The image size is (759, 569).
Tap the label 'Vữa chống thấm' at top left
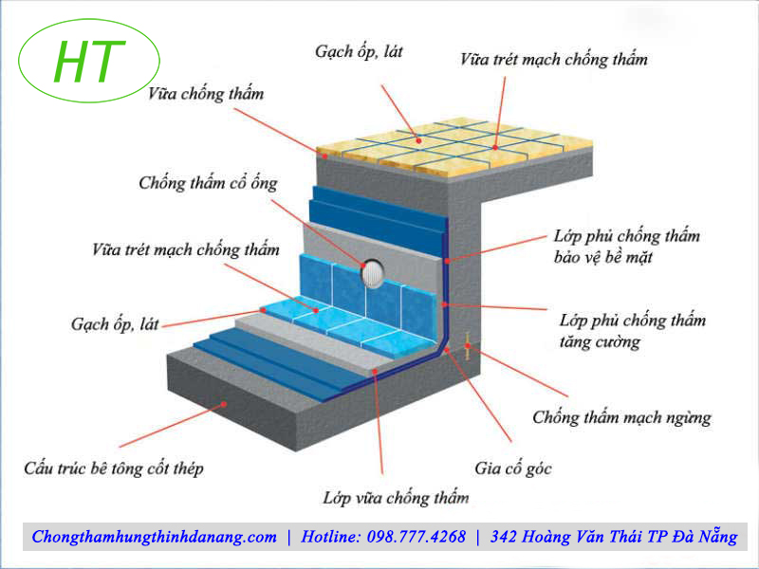[x=206, y=94]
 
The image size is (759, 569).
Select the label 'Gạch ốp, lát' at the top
[x=359, y=51]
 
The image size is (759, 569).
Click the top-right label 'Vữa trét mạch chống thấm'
[x=554, y=59]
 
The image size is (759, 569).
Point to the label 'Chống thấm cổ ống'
[x=208, y=182]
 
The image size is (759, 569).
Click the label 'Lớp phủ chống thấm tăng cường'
[x=633, y=331]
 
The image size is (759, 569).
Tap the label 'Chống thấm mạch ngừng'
[x=621, y=416]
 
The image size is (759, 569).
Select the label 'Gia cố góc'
[x=512, y=468]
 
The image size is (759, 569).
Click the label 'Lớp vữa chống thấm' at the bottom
[x=396, y=497]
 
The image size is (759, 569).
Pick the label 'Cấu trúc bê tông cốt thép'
[x=113, y=468]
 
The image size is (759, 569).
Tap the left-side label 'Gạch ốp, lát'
[x=115, y=323]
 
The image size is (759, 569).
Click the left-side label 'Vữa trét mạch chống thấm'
[x=186, y=250]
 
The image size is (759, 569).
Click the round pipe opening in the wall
[x=373, y=272]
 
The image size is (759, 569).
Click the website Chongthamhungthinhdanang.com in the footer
[x=155, y=537]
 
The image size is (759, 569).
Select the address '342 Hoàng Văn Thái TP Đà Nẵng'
[x=614, y=537]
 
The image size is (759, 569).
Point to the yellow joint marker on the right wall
[x=468, y=346]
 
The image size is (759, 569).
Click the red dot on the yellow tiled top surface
[x=417, y=138]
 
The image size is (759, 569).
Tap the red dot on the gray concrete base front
[x=225, y=402]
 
